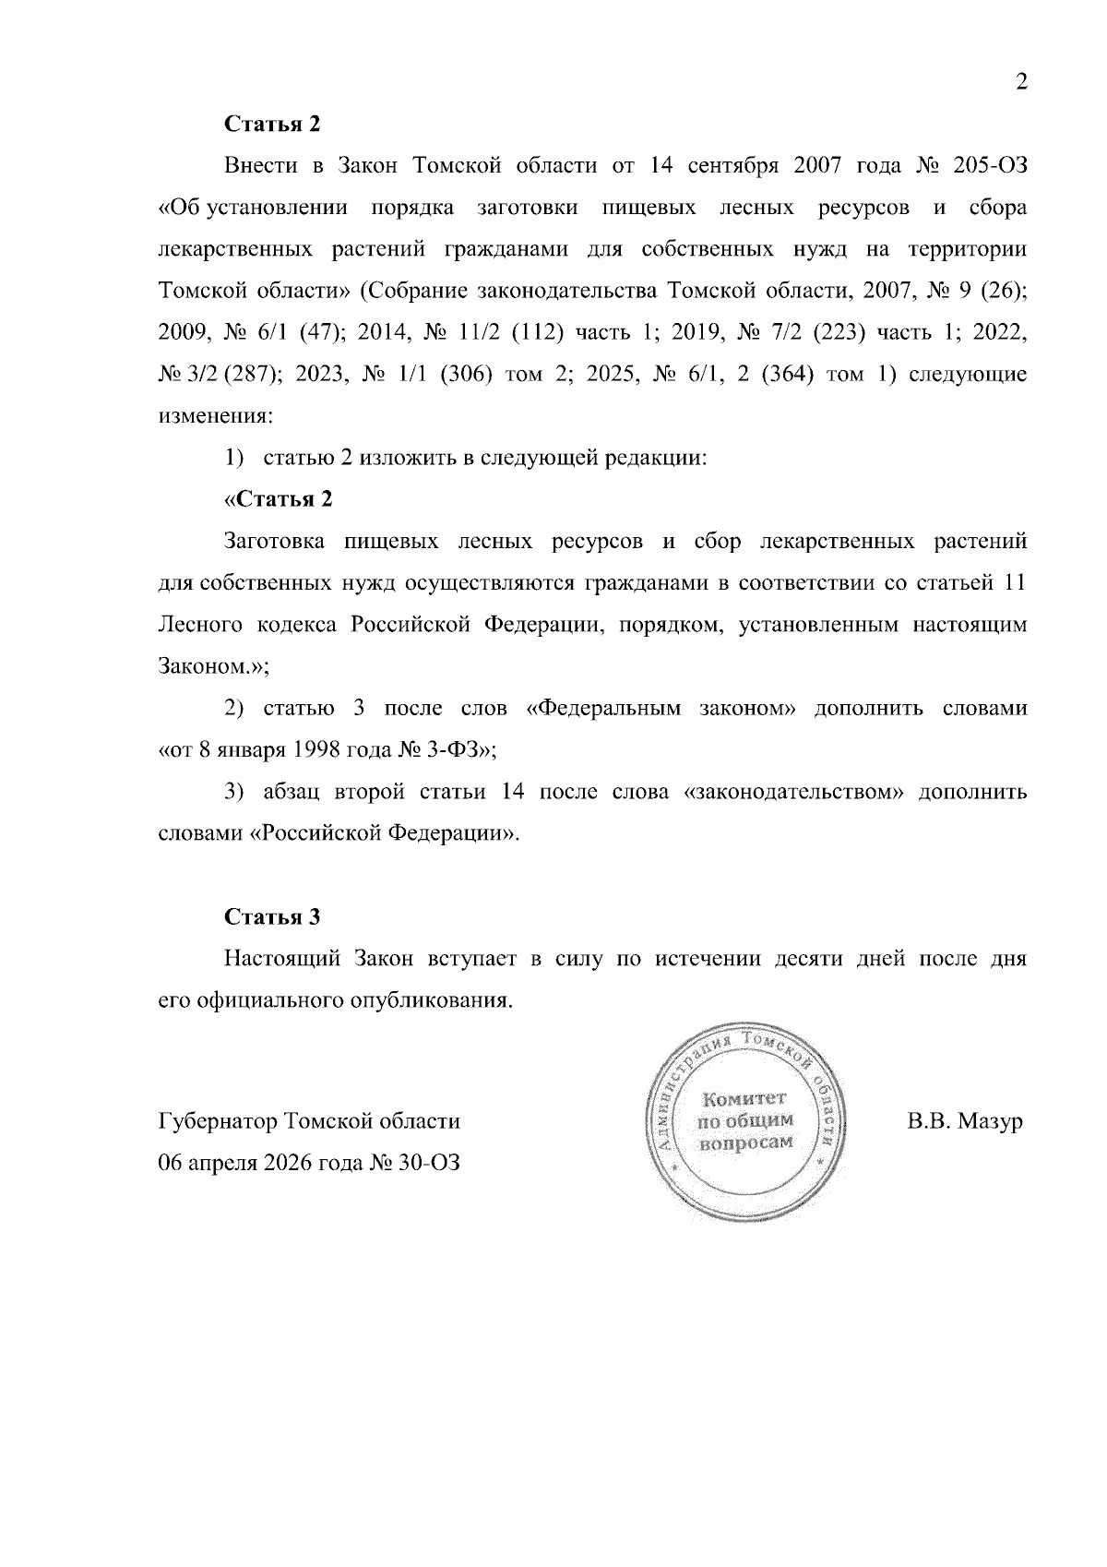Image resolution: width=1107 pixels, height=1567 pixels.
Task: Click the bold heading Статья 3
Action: click(x=272, y=917)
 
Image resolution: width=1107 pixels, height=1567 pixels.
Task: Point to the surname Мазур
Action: click(x=990, y=1122)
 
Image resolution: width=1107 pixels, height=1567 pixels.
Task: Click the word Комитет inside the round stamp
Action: click(x=744, y=1099)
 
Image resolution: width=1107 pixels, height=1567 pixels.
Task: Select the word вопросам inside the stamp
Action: click(x=746, y=1142)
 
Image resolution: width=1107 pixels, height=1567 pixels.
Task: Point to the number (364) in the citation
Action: click(x=781, y=375)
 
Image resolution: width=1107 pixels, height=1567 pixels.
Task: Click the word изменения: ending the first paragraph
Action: click(x=216, y=416)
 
